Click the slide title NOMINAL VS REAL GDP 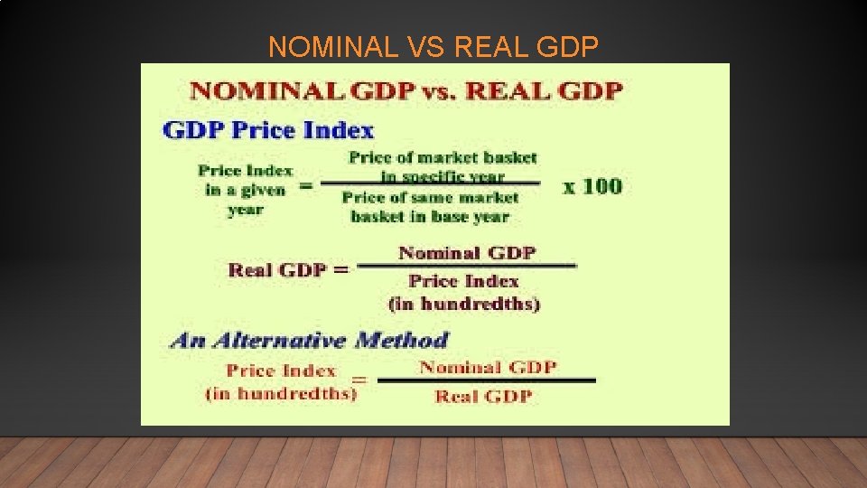[x=433, y=46]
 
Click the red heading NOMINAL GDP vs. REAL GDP [x=406, y=91]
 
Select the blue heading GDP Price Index [x=268, y=129]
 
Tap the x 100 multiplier [x=592, y=186]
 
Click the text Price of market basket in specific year [x=443, y=166]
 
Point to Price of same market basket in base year [x=431, y=207]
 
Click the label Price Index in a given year [x=246, y=190]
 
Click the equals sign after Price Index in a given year [x=305, y=185]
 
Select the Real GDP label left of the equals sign [x=276, y=269]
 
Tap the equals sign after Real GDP [x=340, y=269]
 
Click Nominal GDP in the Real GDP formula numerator [x=467, y=253]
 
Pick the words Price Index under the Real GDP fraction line [x=463, y=281]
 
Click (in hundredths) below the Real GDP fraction [x=464, y=304]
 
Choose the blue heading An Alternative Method [x=309, y=341]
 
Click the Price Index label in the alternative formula [x=281, y=371]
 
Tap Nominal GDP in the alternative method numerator [x=488, y=367]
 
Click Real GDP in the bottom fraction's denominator [x=483, y=396]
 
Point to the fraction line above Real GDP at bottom [x=486, y=380]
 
